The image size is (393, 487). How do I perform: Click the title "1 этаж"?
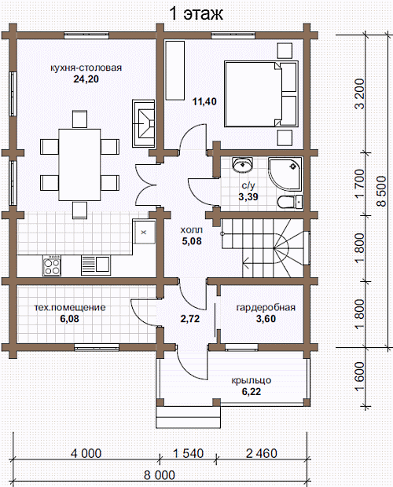196,13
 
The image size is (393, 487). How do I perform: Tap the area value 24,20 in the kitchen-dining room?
86,79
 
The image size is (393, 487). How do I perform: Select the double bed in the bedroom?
261,93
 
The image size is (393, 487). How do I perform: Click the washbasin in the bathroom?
243,165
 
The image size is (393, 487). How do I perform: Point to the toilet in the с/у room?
290,202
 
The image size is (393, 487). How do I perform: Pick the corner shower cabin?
285,174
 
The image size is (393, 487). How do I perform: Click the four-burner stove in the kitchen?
52,265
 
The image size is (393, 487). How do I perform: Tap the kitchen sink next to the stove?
96,265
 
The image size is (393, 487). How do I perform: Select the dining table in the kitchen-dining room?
79,165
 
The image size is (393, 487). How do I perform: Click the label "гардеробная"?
266,307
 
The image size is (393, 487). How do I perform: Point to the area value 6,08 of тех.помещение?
70,319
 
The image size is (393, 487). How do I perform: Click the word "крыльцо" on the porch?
251,380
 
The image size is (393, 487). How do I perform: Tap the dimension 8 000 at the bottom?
160,475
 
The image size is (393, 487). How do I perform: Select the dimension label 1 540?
189,453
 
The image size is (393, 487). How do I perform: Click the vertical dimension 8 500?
381,192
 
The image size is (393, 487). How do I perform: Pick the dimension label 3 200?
359,93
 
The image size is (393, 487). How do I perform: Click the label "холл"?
192,230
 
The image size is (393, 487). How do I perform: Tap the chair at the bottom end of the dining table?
80,210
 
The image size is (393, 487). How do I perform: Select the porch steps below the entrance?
189,417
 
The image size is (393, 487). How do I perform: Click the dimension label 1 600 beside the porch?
359,377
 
